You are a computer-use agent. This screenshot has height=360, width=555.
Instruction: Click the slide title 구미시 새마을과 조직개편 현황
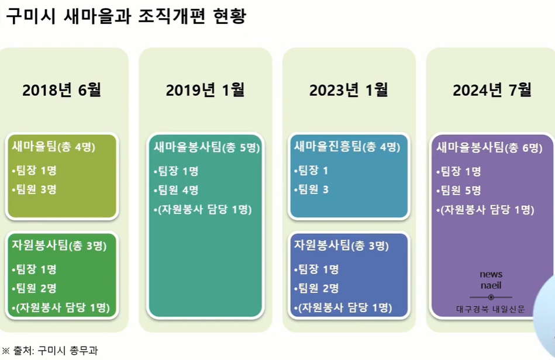click(x=126, y=16)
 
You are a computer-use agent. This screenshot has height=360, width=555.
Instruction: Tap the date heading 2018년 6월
click(x=62, y=90)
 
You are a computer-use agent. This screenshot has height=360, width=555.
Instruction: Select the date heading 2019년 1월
click(x=205, y=90)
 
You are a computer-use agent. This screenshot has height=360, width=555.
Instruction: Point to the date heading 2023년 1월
click(x=349, y=90)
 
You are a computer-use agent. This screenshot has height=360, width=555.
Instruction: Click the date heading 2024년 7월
click(x=492, y=90)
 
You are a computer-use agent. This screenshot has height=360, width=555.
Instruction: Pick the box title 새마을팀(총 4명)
click(x=53, y=146)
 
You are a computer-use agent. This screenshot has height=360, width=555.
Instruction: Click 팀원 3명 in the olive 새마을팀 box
click(x=35, y=189)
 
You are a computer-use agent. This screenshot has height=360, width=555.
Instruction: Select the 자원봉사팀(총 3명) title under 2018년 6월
click(x=59, y=245)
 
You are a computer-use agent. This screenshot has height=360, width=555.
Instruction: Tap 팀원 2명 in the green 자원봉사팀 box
click(x=35, y=288)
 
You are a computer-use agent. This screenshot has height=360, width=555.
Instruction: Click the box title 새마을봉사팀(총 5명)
click(x=206, y=147)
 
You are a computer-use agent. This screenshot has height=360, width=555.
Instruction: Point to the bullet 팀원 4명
click(x=176, y=190)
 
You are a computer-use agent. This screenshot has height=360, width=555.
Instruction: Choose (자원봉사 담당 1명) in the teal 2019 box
click(x=202, y=209)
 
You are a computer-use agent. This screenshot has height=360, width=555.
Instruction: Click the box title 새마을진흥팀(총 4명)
click(x=347, y=146)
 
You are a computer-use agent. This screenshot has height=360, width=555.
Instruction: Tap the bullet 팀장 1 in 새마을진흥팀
click(x=311, y=171)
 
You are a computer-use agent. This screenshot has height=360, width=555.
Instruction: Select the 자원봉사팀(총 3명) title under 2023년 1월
click(x=341, y=245)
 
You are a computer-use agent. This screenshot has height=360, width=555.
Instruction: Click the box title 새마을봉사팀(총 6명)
click(x=489, y=147)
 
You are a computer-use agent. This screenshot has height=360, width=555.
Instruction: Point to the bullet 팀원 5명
click(x=459, y=191)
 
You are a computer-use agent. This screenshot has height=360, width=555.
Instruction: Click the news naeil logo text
click(x=491, y=280)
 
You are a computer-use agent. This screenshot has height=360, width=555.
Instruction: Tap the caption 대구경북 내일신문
click(x=491, y=309)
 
